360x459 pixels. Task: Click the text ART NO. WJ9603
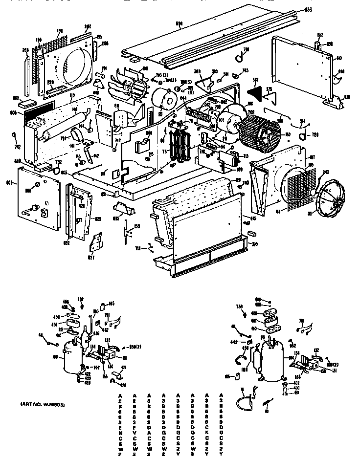(43, 405)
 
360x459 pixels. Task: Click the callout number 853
(322, 9)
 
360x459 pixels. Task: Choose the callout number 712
(138, 248)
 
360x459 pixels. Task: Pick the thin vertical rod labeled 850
(127, 230)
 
